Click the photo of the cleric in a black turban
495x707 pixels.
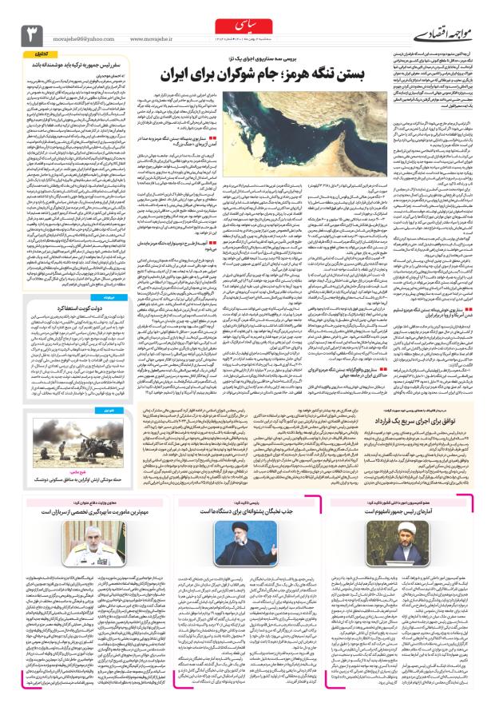(x=251, y=543)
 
